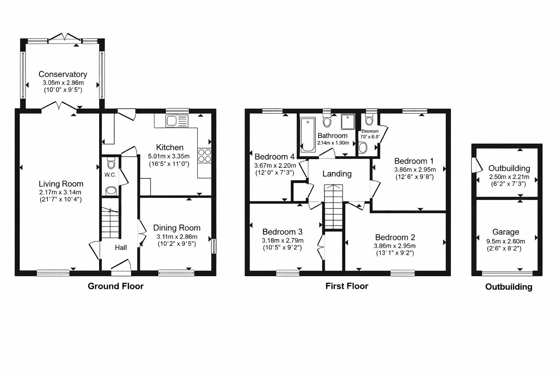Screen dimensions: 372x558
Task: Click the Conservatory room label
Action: coord(63,74)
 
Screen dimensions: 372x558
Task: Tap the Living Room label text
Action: coord(61,184)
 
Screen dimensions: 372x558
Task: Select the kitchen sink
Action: coord(177,121)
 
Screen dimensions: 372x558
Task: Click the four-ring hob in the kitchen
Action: coord(205,155)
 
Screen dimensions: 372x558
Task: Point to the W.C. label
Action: coord(110,175)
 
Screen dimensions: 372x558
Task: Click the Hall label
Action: coord(121,247)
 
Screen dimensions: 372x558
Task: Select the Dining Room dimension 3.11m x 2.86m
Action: coord(177,236)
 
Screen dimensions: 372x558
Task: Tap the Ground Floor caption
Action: coord(116,286)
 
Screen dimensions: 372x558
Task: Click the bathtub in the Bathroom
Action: coord(308,134)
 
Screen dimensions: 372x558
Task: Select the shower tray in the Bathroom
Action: coord(348,122)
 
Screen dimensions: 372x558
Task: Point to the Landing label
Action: coord(337,174)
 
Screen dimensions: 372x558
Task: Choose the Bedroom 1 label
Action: coord(414,161)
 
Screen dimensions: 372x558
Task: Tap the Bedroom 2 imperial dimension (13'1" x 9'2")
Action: coord(395,253)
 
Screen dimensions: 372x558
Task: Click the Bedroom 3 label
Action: coord(282,232)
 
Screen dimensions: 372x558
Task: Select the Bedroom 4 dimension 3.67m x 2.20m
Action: coord(275,165)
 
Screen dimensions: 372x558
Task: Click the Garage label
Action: coord(505,232)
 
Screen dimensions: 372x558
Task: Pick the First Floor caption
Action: coord(347,286)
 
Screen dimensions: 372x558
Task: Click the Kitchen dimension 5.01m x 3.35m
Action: coord(169,156)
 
